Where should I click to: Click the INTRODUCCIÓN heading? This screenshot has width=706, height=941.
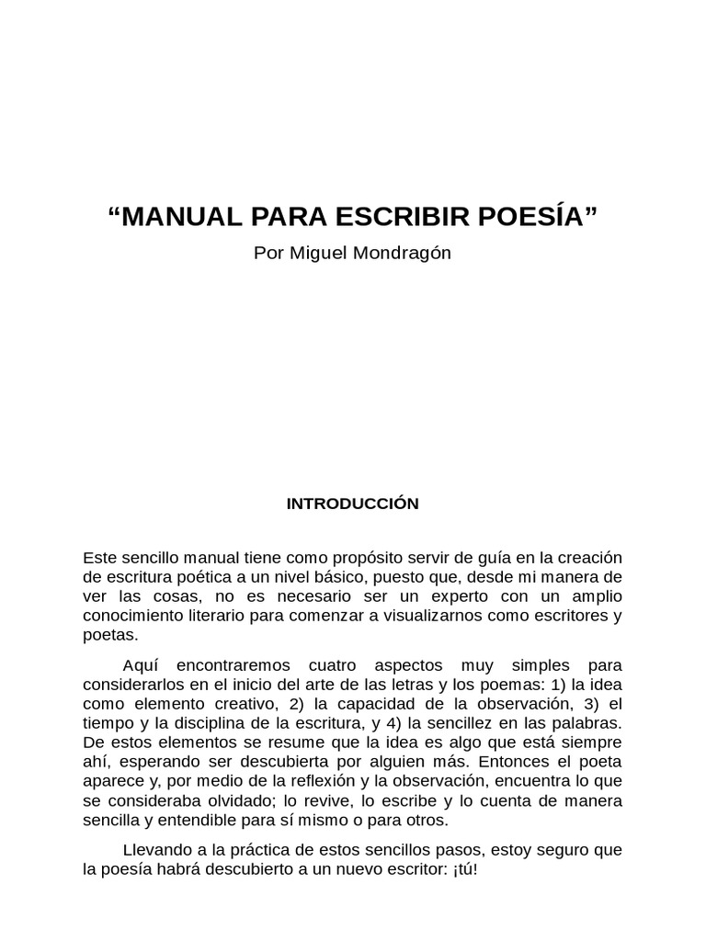pos(353,504)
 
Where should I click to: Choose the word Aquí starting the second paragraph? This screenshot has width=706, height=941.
pos(140,664)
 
